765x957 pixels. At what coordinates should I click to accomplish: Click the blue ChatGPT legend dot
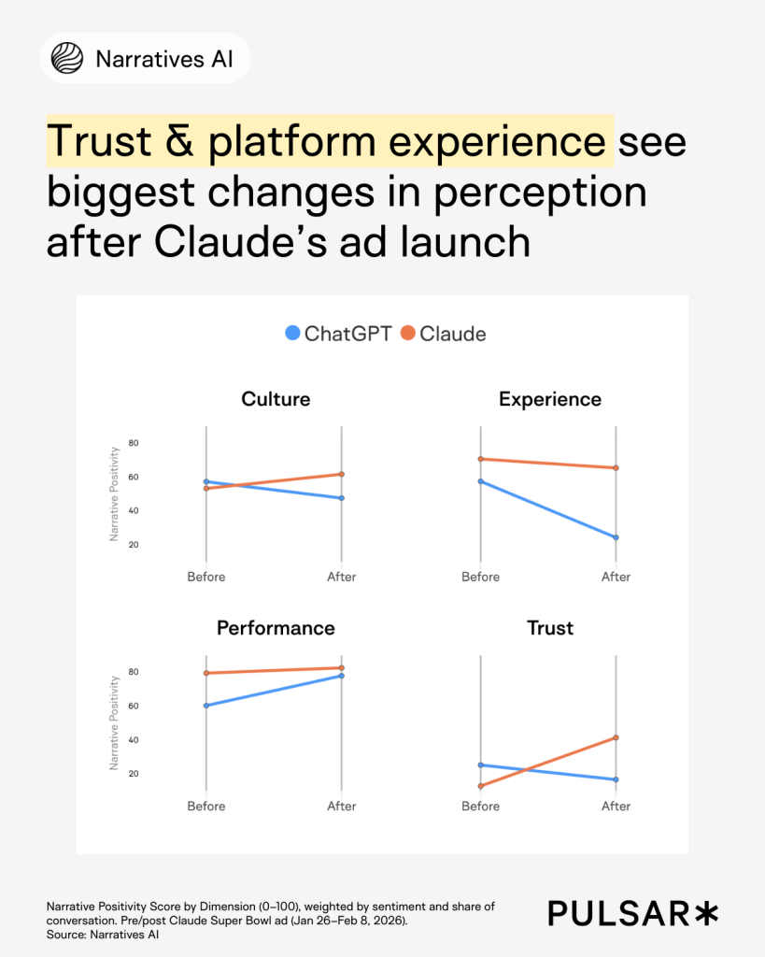click(293, 333)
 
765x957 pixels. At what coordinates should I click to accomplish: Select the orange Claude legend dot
click(408, 333)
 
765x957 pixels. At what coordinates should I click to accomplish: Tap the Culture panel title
click(276, 399)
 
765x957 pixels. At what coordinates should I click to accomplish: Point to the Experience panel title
click(550, 399)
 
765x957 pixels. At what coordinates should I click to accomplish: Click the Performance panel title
click(276, 628)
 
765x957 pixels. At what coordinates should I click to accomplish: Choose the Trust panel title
click(550, 628)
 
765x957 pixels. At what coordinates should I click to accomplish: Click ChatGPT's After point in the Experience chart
click(616, 537)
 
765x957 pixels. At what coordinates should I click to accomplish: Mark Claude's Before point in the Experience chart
click(481, 459)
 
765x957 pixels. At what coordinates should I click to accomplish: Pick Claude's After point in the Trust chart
click(616, 737)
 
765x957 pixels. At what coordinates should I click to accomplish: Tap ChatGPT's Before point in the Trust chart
click(481, 764)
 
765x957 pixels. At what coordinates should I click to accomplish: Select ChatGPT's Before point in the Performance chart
click(206, 706)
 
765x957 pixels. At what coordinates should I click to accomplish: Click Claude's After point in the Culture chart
click(342, 474)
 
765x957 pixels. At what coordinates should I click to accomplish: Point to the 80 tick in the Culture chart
click(134, 443)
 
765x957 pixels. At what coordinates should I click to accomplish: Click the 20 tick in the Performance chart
click(134, 774)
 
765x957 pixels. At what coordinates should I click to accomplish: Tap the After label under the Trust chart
click(616, 806)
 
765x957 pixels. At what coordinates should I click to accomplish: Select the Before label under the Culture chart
click(206, 577)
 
